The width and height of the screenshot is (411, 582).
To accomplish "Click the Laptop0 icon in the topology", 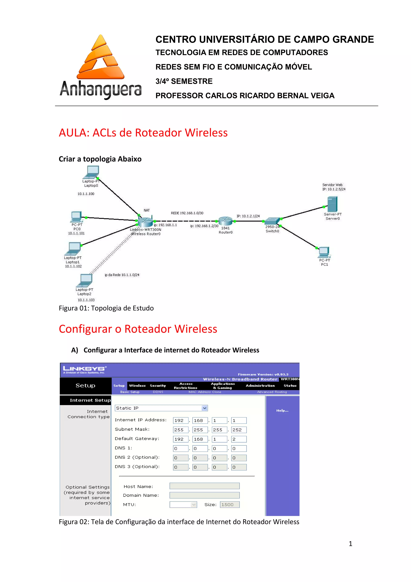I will point(92,172).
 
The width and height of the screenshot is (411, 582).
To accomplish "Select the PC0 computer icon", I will point(76,217).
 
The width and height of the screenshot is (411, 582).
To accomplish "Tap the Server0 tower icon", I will point(332,204).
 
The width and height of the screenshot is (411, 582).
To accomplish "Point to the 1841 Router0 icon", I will point(225,221).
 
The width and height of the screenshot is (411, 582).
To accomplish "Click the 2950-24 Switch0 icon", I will point(272,221).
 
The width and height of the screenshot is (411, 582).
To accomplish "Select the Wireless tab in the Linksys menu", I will point(137,386).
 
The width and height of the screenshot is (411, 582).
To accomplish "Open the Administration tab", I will point(260,386).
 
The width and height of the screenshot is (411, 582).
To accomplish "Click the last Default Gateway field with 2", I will point(239,439).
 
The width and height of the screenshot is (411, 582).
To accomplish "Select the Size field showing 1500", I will point(229,505).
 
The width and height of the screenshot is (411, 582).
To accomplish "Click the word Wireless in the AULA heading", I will point(206,133).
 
